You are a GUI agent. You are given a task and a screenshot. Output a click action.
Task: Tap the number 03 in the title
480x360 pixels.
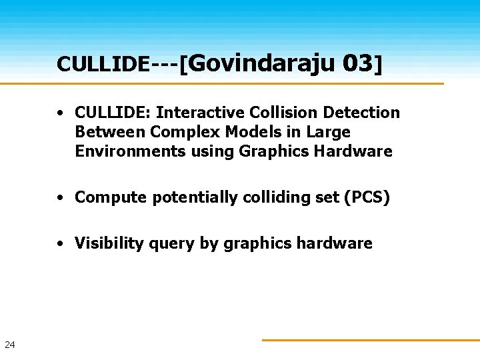(357, 63)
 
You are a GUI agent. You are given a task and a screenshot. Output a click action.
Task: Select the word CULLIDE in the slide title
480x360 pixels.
(103, 64)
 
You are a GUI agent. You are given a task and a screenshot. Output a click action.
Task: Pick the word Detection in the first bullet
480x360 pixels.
(364, 113)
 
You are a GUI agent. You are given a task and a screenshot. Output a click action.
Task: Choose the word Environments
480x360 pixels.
(130, 151)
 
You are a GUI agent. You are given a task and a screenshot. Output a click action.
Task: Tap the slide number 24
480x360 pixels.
(9, 345)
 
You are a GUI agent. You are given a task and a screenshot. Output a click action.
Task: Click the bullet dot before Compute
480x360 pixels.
(60, 198)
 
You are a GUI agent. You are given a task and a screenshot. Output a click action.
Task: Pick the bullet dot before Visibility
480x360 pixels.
(60, 244)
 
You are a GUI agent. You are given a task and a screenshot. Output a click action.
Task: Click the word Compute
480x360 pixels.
(111, 197)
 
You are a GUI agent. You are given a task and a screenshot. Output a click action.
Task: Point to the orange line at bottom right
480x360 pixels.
(370, 340)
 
